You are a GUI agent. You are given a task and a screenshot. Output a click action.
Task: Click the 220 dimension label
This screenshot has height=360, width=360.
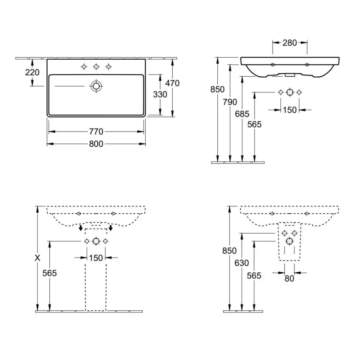[32, 73]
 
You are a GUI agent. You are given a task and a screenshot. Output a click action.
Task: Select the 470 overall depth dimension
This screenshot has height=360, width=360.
[172, 83]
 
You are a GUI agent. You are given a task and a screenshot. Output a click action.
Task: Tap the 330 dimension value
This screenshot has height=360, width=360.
[160, 95]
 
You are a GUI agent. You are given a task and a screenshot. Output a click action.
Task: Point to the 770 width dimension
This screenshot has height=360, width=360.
[96, 132]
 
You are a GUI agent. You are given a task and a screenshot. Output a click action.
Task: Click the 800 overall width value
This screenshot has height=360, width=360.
[96, 144]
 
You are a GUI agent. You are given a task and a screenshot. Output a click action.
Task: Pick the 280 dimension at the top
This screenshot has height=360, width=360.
[289, 42]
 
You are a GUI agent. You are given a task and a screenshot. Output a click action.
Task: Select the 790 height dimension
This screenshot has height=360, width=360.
[230, 102]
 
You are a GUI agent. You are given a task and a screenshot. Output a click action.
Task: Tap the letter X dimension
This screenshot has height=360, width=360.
[38, 258]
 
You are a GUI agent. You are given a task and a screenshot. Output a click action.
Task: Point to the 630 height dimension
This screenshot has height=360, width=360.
[241, 263]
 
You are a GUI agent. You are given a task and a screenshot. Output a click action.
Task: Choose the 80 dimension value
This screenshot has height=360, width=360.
[289, 279]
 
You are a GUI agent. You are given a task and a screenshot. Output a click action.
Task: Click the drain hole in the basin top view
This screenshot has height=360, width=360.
[96, 86]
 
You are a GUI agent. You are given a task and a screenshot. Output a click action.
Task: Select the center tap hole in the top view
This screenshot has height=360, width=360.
[96, 66]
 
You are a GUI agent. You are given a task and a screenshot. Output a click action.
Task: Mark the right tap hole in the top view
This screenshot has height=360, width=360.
[109, 66]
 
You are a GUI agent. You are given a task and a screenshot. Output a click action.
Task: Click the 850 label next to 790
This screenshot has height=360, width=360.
[217, 90]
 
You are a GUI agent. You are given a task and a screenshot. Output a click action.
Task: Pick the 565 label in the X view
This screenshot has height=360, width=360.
[50, 273]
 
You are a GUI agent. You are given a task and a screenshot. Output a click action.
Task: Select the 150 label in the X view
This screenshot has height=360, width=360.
[96, 258]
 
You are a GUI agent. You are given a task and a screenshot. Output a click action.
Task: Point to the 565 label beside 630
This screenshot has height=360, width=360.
[254, 276]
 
